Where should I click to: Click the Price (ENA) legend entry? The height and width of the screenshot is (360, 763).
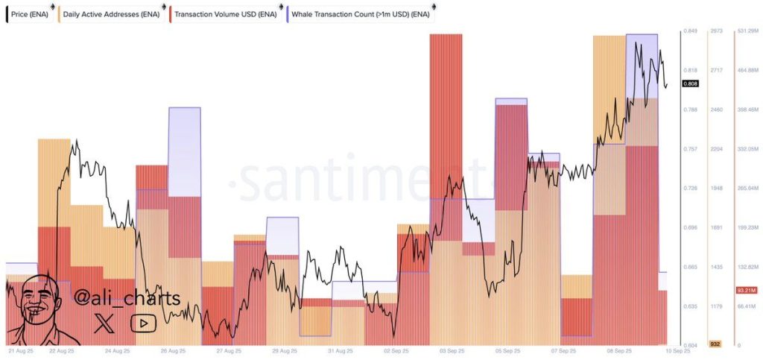pos(28,13)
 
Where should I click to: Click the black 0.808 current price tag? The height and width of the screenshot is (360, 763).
pos(691,84)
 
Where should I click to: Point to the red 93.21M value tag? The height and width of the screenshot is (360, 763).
pos(746,290)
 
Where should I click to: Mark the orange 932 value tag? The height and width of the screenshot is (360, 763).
pos(715,344)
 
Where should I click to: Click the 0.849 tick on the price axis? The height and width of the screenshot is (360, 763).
pos(691,31)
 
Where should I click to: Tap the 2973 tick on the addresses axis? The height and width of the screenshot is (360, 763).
pos(717,31)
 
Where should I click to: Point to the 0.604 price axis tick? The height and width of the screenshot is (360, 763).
pos(691,345)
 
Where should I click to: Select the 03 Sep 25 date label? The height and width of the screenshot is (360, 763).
pos(453,350)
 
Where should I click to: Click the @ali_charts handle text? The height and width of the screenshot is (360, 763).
pos(127,298)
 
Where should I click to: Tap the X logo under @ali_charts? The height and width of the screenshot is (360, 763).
pos(107,323)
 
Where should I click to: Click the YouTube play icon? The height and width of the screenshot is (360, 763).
pos(142,323)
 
